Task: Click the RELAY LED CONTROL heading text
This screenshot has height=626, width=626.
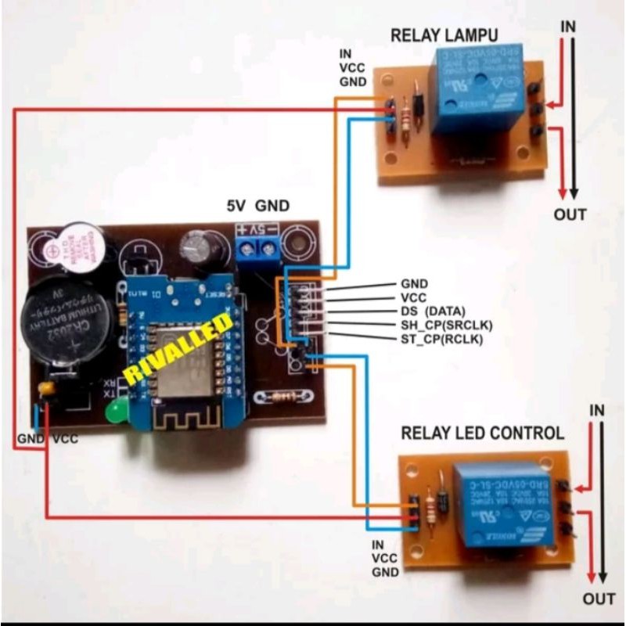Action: tap(482, 433)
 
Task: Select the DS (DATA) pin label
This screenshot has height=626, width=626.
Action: tap(433, 311)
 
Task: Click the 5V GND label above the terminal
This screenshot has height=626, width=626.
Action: tap(257, 207)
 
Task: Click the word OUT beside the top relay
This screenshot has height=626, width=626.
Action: tap(569, 214)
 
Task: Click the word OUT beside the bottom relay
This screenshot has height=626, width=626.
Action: tap(599, 599)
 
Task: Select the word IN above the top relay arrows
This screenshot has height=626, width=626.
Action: tap(568, 26)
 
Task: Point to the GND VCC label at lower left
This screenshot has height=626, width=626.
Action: tap(47, 439)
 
